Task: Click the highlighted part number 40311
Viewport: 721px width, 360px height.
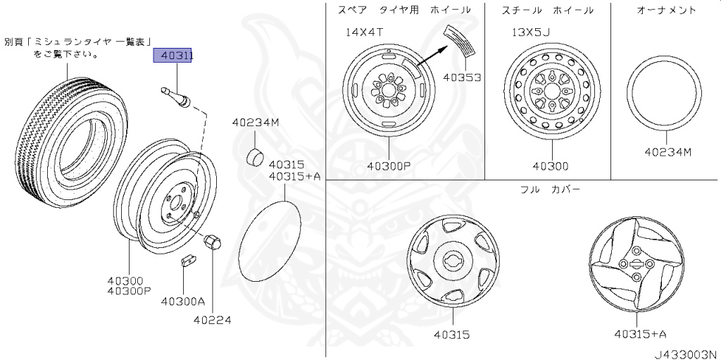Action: [173, 56]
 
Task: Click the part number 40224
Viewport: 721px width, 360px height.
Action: [212, 319]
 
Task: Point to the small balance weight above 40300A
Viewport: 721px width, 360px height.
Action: [188, 260]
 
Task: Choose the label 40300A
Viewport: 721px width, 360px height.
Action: [182, 301]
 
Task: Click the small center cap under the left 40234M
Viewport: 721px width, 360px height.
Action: [255, 157]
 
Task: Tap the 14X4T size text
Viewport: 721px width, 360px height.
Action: [365, 32]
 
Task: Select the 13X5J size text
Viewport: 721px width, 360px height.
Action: [531, 32]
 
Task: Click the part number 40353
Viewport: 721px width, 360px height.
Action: [462, 77]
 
